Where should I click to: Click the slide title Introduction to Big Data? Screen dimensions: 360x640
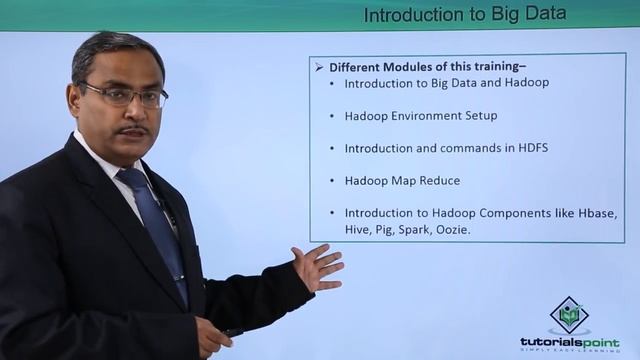464,15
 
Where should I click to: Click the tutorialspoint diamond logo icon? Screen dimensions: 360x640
569,315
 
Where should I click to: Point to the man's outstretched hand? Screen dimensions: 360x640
318,267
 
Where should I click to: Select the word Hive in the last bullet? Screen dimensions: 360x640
358,229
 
